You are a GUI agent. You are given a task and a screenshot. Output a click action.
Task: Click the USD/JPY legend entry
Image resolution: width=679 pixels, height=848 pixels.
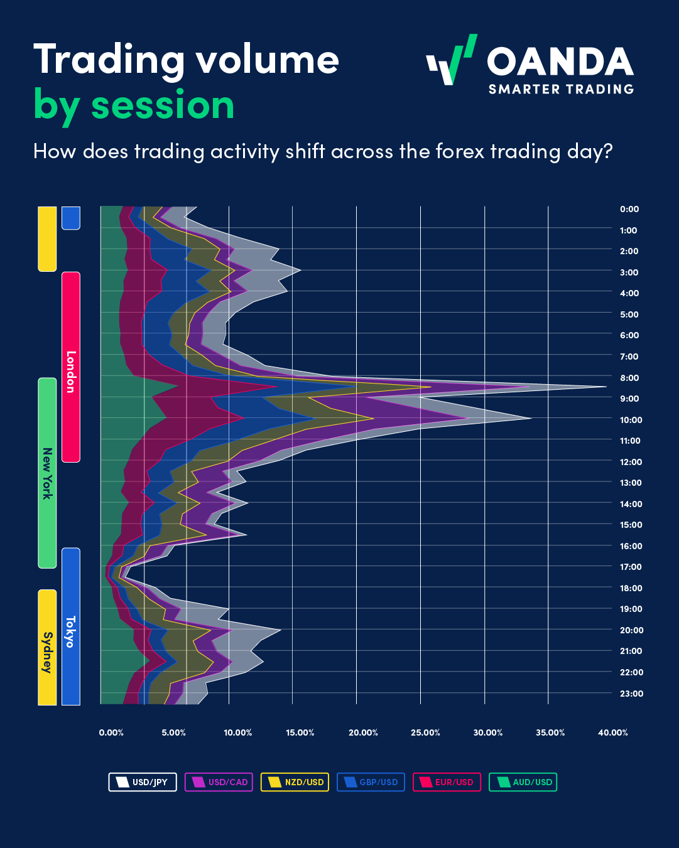pos(143,782)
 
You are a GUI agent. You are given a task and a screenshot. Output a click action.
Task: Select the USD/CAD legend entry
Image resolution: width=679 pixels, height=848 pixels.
pos(219,782)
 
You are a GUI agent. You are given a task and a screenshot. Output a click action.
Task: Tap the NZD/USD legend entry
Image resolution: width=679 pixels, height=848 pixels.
pos(295,782)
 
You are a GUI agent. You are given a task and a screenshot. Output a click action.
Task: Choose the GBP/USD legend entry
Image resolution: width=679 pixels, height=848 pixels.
pos(371,782)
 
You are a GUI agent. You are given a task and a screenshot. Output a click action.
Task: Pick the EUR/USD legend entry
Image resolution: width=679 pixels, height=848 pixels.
pos(447,782)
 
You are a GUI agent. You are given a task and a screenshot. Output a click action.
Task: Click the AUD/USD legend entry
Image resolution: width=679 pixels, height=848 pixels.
pos(523,782)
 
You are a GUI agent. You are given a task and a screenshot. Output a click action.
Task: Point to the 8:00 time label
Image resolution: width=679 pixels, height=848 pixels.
pos(629,378)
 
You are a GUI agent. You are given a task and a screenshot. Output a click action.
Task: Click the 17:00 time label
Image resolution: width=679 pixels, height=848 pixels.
pos(631,567)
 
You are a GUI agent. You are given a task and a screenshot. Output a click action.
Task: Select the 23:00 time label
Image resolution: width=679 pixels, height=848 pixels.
pos(631,694)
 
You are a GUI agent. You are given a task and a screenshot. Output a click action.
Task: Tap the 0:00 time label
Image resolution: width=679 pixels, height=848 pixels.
pos(629,209)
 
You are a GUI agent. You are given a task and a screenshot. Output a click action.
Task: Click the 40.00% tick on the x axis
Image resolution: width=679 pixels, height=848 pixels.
pos(612,733)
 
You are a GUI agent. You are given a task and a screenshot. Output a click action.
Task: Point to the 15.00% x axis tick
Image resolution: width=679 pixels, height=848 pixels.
pos(300,733)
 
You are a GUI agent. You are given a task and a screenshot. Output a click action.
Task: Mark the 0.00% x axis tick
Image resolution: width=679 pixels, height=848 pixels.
pos(111,733)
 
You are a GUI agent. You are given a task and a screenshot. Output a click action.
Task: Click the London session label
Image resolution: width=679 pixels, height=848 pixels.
pos(71,372)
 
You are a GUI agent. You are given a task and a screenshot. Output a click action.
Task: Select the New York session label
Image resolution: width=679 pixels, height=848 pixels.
pos(47,473)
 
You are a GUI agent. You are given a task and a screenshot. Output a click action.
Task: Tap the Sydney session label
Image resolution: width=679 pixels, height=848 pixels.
pos(47,652)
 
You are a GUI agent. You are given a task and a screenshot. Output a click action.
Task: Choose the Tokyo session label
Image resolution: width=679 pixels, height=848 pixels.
pos(71,631)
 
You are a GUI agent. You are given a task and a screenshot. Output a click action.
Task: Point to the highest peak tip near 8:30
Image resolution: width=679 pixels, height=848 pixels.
pos(606,387)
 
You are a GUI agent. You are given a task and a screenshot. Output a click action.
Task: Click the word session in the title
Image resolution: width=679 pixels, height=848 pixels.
pos(163,105)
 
